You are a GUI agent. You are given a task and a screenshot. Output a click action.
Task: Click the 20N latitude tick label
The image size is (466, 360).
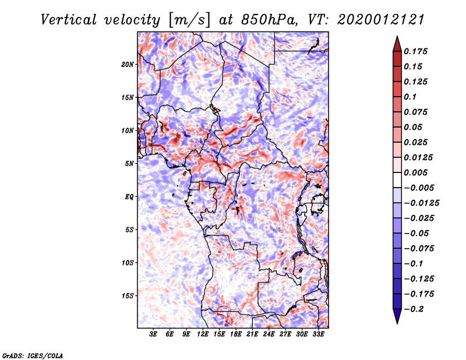pyautogui.click(x=128, y=65)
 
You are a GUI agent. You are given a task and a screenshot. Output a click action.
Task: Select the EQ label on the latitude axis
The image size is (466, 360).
pyautogui.click(x=129, y=197)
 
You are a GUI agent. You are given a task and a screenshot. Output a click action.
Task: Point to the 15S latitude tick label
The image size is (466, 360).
pyautogui.click(x=128, y=296)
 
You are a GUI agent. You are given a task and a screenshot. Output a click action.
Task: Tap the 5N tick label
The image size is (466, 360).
pyautogui.click(x=129, y=164)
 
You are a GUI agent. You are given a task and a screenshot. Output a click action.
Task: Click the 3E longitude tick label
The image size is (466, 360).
pyautogui.click(x=153, y=334)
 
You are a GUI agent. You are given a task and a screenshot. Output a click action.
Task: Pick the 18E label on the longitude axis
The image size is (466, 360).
pyautogui.click(x=236, y=334)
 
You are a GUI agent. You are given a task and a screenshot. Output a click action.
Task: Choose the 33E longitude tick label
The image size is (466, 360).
pyautogui.click(x=318, y=334)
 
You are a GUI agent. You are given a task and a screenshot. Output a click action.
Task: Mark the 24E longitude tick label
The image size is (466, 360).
pyautogui.click(x=269, y=334)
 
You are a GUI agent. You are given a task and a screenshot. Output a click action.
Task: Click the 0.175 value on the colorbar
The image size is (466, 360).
pyautogui.click(x=415, y=51)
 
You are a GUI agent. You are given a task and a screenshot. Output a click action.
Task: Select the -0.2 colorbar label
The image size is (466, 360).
pyautogui.click(x=414, y=309)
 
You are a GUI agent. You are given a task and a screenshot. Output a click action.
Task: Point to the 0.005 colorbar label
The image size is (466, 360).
pyautogui.click(x=415, y=172)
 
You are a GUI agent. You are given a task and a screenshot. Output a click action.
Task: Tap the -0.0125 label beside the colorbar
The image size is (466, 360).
pyautogui.click(x=421, y=203)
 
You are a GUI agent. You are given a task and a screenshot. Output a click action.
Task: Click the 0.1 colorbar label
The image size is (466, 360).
pyautogui.click(x=410, y=97)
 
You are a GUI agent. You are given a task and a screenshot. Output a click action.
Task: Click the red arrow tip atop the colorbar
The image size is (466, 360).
pyautogui.click(x=397, y=36)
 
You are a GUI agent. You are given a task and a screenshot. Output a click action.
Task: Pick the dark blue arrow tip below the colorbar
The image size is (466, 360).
pyautogui.click(x=397, y=323)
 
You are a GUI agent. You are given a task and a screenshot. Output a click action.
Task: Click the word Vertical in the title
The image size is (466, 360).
pyautogui.click(x=69, y=20)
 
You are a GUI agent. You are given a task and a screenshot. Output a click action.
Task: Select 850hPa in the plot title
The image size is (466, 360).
pyautogui.click(x=269, y=20)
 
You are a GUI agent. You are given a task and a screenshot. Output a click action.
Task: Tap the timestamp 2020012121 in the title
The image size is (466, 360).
pyautogui.click(x=381, y=20)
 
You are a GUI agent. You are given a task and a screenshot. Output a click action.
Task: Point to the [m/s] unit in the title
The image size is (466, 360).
pyautogui.click(x=189, y=20)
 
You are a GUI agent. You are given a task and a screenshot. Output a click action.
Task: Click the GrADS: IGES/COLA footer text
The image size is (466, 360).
pyautogui.click(x=33, y=356)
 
